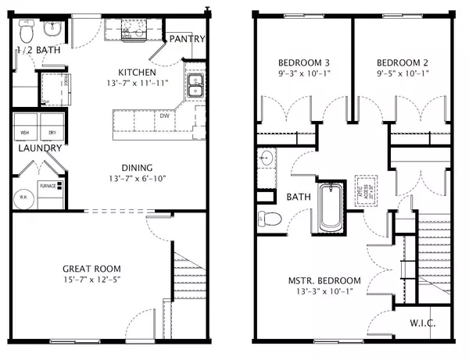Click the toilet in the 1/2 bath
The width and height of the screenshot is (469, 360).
[x=25, y=33]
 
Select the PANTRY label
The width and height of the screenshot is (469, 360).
[x=188, y=39]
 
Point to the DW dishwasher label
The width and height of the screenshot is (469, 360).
[x=166, y=116]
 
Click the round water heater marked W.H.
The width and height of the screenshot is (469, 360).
[x=24, y=197]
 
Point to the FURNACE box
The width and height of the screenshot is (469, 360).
[x=53, y=187]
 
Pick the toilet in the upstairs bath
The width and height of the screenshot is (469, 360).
[x=269, y=218]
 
